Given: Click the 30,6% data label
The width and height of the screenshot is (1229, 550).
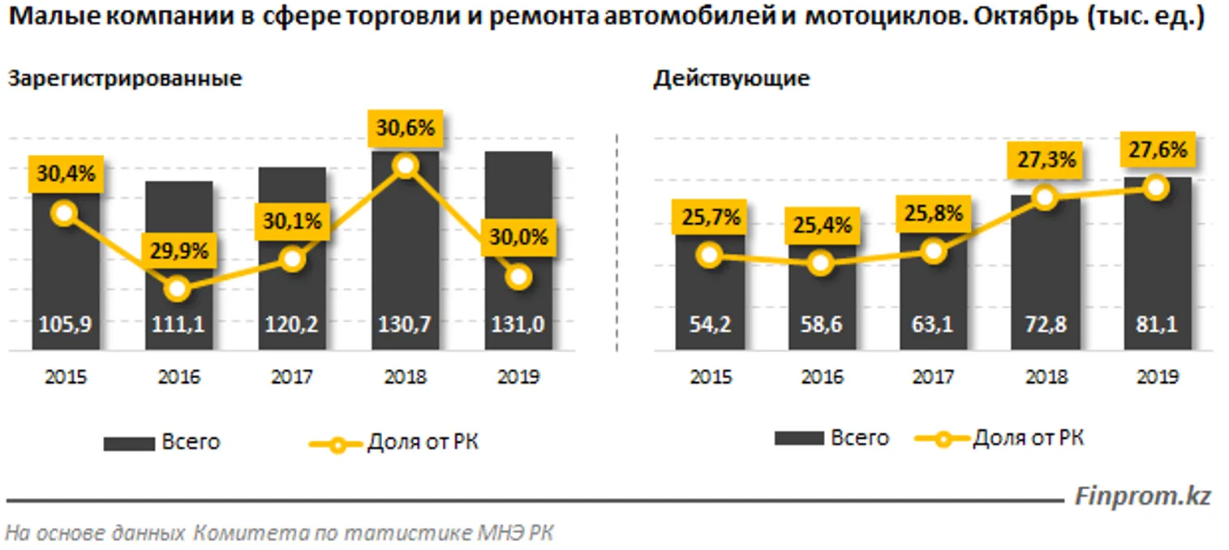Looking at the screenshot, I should point(405,128).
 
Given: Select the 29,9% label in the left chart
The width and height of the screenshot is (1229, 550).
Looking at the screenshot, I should point(179,251).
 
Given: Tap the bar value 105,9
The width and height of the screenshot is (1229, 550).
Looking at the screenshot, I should point(67,324).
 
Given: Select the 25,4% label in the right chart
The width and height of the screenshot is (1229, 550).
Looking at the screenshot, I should point(821,225).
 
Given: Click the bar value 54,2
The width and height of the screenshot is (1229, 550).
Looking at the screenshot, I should point(709,324).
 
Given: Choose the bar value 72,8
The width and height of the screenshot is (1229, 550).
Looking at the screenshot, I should point(1046,324).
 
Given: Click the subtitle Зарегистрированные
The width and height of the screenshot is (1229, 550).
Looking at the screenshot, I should point(125,79).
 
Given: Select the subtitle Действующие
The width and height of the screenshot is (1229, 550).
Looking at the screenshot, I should point(731,79).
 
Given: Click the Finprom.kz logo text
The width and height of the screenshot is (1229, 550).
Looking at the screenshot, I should point(1142,496).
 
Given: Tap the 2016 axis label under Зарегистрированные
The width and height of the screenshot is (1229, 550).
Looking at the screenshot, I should point(179,377).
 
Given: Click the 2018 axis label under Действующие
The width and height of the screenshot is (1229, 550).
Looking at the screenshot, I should point(1046,377).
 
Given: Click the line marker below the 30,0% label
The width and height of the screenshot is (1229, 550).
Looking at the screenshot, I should point(518,277).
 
